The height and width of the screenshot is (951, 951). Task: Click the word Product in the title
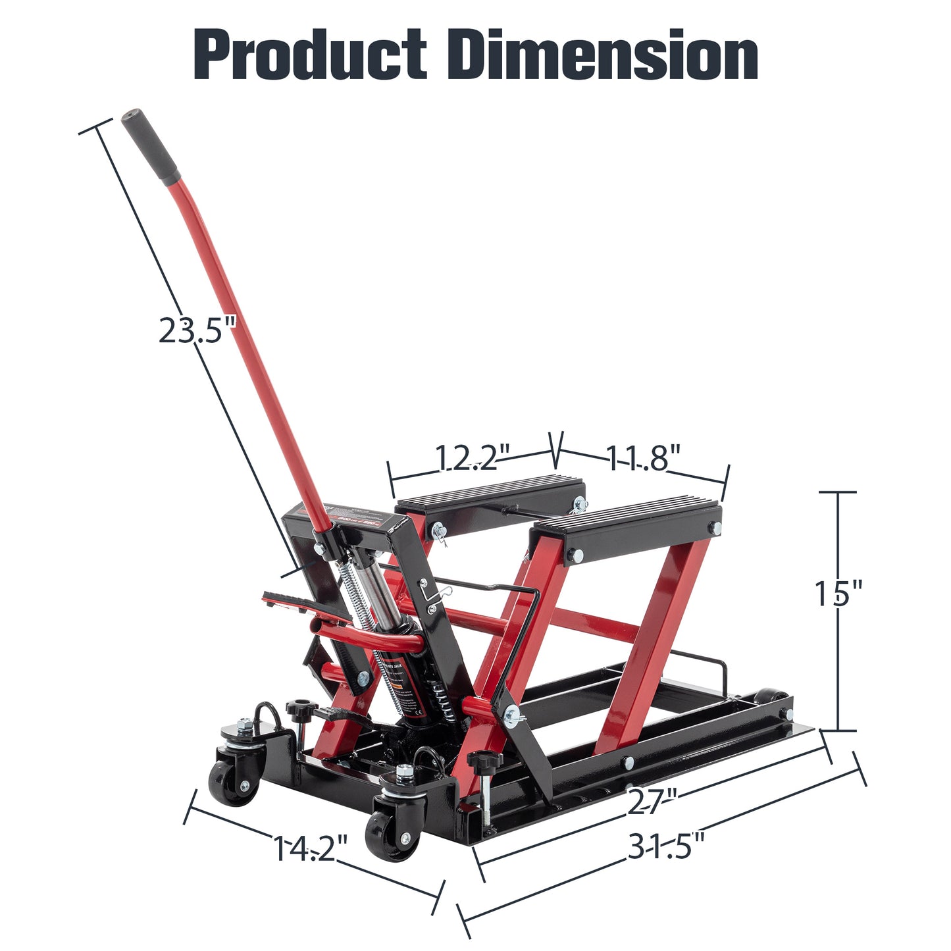309,55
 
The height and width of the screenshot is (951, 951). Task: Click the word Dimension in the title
606,55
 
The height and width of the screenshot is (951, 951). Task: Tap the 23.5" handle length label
196,330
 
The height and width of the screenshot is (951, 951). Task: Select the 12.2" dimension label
473,458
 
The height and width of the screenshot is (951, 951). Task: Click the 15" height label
838,594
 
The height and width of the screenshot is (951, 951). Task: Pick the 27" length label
652,802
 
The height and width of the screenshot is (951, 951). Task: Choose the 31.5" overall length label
666,846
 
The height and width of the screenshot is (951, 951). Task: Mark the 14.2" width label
309,848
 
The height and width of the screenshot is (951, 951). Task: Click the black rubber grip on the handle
151,146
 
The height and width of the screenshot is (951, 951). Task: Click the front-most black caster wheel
393,836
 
